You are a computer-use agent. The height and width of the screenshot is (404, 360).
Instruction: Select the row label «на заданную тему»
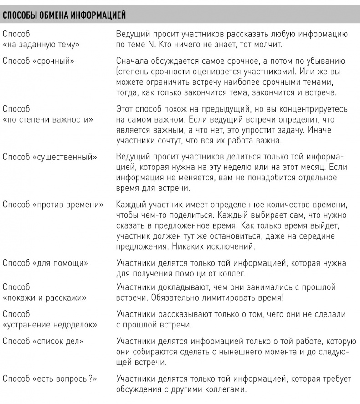(41, 45)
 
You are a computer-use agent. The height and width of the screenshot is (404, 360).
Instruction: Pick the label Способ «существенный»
(50, 157)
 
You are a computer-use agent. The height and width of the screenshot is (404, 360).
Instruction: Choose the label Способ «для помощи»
(46, 263)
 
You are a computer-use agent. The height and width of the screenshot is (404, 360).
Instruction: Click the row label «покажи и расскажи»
(45, 297)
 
